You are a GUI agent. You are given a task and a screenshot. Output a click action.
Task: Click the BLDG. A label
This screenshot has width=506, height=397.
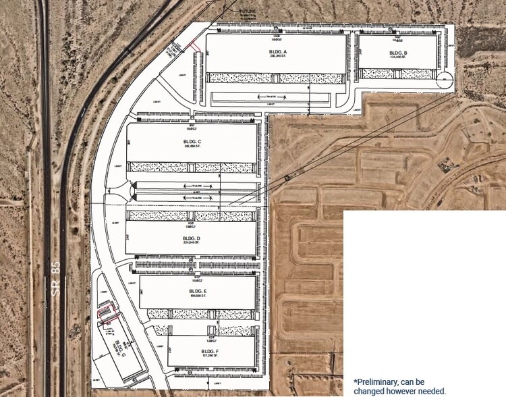[x=278, y=52]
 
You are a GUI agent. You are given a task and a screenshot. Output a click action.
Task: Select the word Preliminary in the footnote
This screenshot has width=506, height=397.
[x=378, y=381]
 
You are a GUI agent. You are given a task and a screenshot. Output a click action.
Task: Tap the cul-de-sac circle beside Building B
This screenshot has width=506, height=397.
[x=444, y=80]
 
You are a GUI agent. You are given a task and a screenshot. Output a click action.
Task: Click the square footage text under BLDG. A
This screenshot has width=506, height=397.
[x=278, y=58]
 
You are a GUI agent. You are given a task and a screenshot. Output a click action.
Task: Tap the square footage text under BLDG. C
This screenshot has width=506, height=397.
[x=192, y=147]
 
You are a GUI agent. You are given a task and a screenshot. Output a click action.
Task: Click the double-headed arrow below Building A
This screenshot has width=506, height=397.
[x=271, y=98]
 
